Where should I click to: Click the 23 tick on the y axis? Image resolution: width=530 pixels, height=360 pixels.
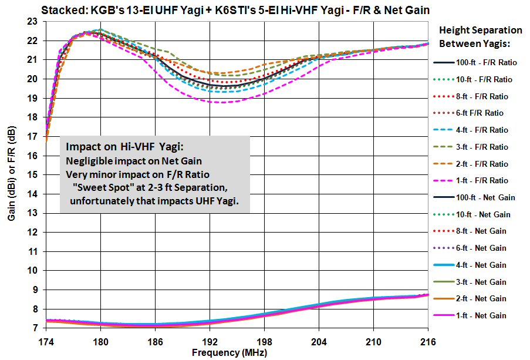click(x=33, y=22)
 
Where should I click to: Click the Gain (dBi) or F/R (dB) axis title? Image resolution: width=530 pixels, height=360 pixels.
click(x=11, y=175)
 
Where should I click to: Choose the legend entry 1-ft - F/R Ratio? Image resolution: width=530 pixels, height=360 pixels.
click(x=481, y=181)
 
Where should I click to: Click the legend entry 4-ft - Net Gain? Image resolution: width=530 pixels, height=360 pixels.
click(x=481, y=265)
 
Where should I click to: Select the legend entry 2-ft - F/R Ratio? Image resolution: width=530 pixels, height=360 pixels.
click(x=481, y=164)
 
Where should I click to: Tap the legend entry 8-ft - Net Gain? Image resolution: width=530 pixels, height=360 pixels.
click(x=481, y=231)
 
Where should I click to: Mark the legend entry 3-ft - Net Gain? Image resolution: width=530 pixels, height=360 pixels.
click(x=481, y=282)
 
